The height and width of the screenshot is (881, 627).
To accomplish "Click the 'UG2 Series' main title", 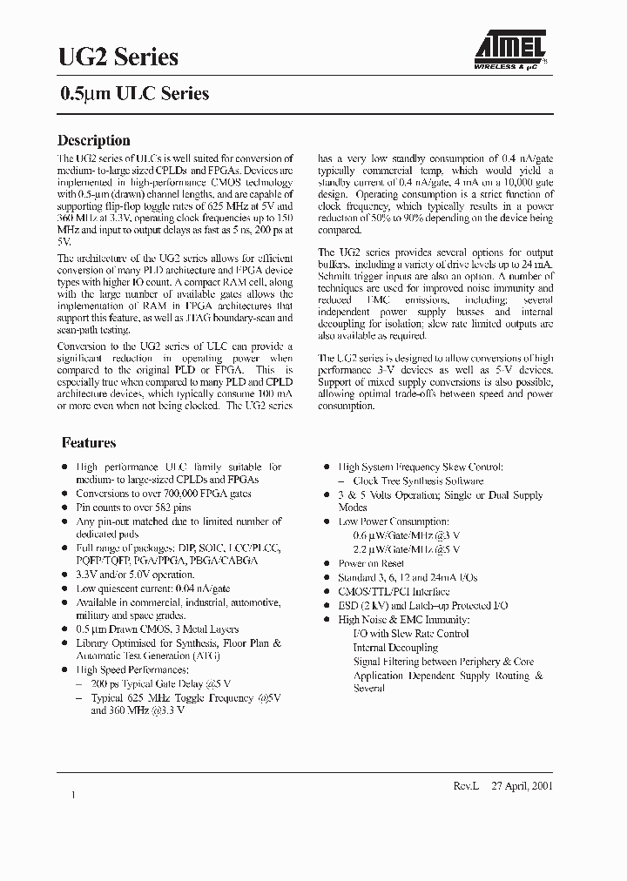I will click(118, 57).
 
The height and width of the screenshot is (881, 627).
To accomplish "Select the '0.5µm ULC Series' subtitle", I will click(133, 94).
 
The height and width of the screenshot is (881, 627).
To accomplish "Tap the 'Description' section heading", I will click(93, 140).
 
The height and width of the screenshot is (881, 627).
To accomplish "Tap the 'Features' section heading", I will click(88, 442).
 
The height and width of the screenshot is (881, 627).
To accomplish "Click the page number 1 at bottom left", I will click(74, 795).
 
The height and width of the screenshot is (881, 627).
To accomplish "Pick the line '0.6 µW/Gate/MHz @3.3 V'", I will click(406, 535).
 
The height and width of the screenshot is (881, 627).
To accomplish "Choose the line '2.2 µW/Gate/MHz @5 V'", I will click(406, 549).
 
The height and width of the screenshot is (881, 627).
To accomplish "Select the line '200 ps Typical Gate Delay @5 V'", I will click(160, 683).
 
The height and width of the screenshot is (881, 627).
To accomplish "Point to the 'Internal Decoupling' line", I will click(395, 647).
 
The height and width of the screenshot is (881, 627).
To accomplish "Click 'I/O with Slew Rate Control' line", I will click(410, 633).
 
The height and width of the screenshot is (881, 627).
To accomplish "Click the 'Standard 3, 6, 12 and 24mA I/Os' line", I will click(408, 577).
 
